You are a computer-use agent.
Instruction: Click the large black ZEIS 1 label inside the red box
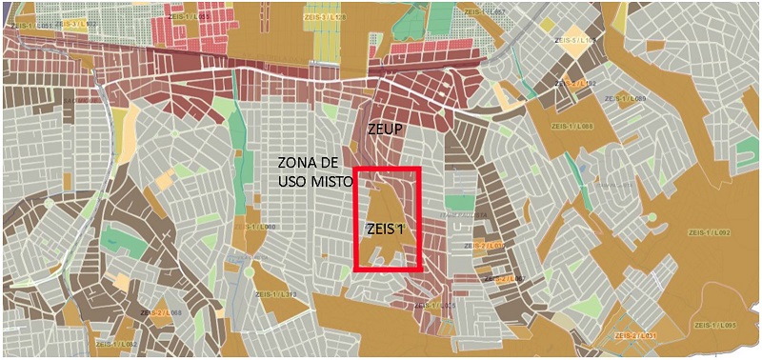tap(386, 229)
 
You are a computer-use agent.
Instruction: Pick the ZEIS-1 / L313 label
tap(276, 294)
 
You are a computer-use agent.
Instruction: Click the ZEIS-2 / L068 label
tap(160, 312)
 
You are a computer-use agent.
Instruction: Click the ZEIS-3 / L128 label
tap(326, 16)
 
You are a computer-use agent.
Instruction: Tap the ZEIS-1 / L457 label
tap(485, 12)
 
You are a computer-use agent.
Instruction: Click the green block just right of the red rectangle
tap(460, 202)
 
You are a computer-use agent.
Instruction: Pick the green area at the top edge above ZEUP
tap(440, 19)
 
